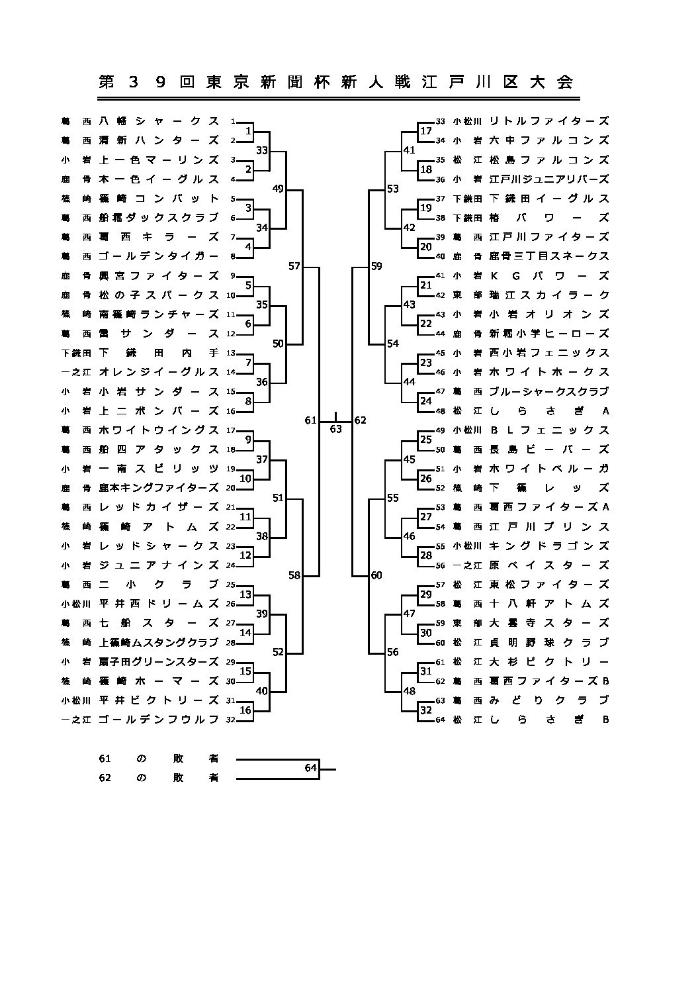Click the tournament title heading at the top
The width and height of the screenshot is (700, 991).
(x=335, y=82)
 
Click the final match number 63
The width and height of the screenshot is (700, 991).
(x=336, y=429)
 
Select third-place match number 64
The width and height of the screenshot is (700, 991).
(x=311, y=768)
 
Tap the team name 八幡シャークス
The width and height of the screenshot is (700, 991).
(x=159, y=121)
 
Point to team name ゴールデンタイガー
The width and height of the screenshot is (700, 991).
(x=159, y=256)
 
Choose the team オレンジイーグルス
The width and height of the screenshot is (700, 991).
(x=159, y=372)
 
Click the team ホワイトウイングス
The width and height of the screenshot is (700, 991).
(x=159, y=430)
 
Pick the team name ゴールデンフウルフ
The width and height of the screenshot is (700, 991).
(x=159, y=720)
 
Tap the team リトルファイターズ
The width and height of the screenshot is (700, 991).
(x=548, y=121)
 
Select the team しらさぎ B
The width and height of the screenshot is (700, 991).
(x=548, y=720)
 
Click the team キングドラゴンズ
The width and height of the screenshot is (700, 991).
(x=548, y=546)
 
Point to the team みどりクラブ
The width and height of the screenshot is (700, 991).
(x=548, y=700)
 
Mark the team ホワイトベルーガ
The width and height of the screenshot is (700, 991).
(x=548, y=469)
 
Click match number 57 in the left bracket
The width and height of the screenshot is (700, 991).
(x=294, y=266)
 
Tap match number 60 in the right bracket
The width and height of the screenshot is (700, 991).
(x=376, y=575)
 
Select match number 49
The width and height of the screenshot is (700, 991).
(x=278, y=189)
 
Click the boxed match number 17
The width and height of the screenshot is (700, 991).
(x=426, y=131)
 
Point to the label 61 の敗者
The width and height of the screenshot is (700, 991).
(x=159, y=759)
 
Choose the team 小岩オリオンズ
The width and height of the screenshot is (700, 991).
(x=548, y=314)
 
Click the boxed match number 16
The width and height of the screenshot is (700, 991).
(x=245, y=710)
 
